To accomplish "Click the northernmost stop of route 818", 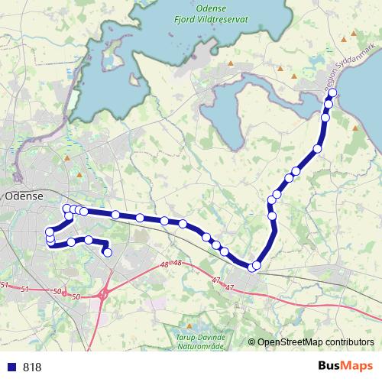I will tap(333, 94).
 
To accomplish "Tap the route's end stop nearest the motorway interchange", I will tap(108, 252).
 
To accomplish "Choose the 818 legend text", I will tap(32, 367).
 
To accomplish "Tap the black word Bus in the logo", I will tap(330, 366).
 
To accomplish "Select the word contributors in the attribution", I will tap(351, 342).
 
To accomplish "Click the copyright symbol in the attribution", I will tap(252, 342).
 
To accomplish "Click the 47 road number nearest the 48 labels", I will tap(215, 281).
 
